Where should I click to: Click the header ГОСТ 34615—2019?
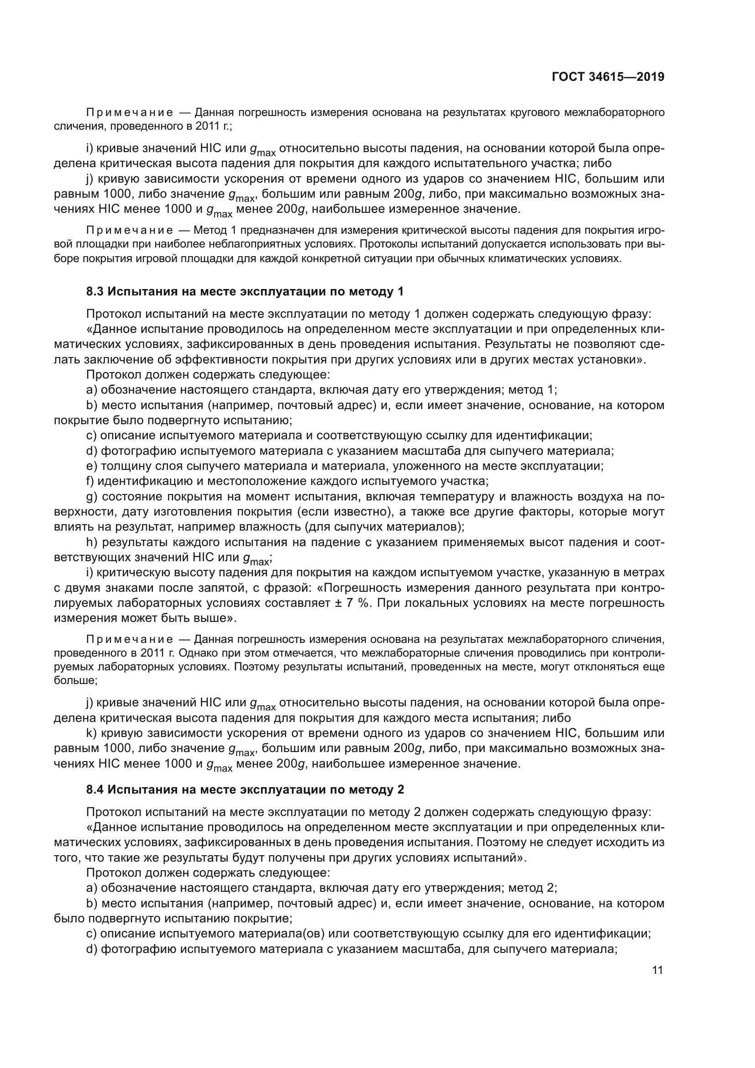[x=608, y=77]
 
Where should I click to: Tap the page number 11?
[x=657, y=970]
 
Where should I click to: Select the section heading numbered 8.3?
[x=245, y=292]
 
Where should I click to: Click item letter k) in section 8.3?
[x=91, y=733]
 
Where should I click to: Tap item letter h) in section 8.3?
[x=92, y=542]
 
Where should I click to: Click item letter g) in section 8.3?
[x=92, y=497]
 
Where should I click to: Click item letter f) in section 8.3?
[x=90, y=481]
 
